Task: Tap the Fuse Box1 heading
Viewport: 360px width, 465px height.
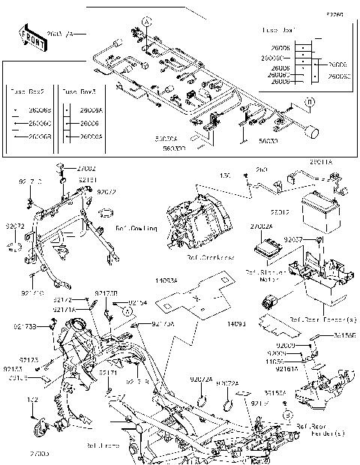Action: coord(304,30)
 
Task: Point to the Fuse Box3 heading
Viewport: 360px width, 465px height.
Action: coord(77,91)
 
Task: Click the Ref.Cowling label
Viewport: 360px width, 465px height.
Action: coord(136,228)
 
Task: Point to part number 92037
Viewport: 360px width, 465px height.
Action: coord(292,239)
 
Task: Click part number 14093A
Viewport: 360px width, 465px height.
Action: coord(166,280)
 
